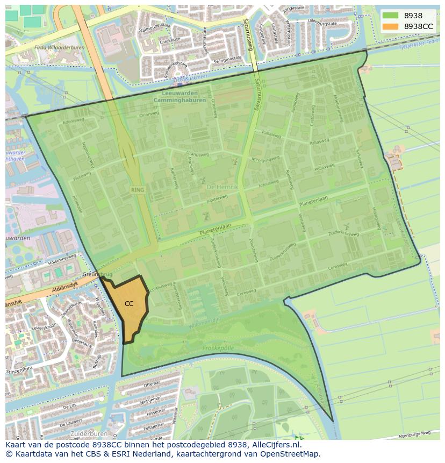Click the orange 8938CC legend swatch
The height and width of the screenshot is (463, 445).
391,26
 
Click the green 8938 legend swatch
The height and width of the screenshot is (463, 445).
391,16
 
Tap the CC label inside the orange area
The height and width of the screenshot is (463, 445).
129,304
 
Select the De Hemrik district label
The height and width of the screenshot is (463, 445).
221,186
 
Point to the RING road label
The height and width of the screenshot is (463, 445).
138,190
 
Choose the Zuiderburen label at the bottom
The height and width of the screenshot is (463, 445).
88,433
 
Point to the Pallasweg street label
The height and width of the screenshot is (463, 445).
271,136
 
